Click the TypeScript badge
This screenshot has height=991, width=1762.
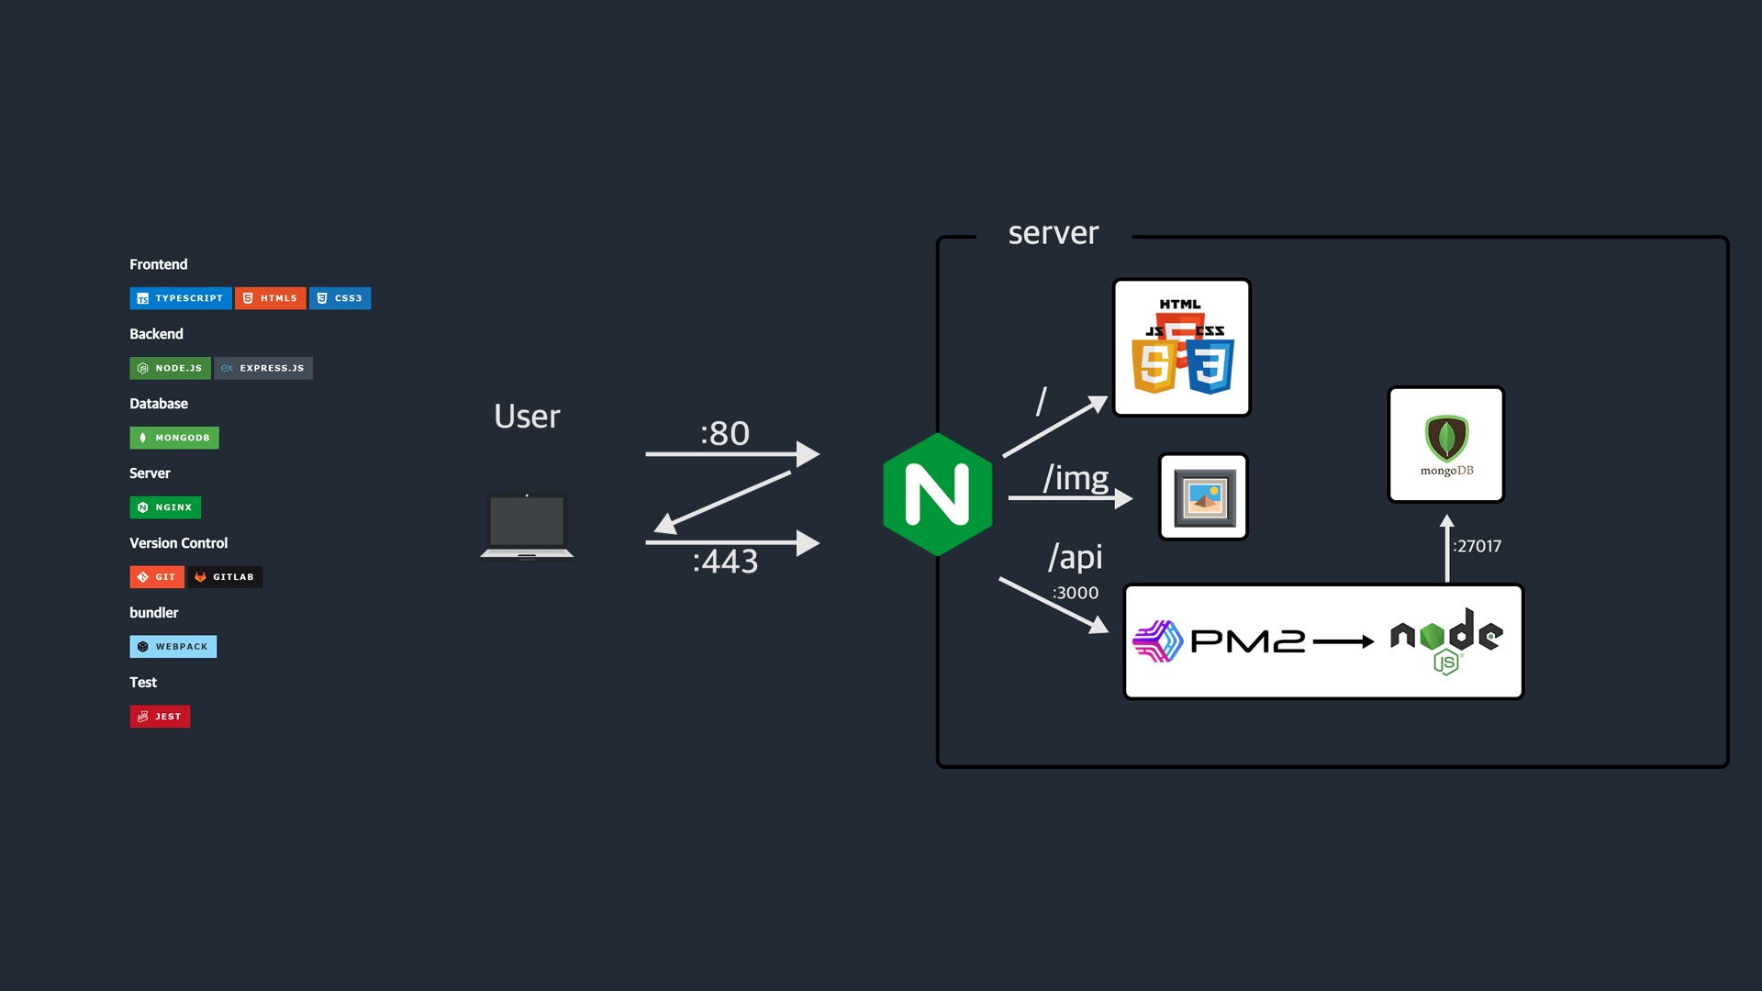pos(181,298)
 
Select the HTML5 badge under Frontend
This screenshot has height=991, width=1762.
pos(271,298)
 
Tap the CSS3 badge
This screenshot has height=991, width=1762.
pos(340,298)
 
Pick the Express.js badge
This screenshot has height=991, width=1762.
pos(264,368)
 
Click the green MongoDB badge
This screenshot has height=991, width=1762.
pos(174,438)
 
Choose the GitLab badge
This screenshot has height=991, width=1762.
pos(225,577)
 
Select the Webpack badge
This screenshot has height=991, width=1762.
pos(173,647)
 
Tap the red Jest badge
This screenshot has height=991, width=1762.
pos(161,717)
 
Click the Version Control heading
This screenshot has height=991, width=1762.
pos(179,543)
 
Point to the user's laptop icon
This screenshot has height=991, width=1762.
pos(527,526)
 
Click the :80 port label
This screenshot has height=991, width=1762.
pos(725,433)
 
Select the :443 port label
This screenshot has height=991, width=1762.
pos(725,561)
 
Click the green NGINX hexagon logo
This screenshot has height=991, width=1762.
pos(937,495)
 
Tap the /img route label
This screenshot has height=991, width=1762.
pos(1076,478)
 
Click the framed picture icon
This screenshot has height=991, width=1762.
pos(1204,497)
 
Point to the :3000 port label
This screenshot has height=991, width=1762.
pos(1076,593)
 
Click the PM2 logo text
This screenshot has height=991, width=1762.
pos(1247,641)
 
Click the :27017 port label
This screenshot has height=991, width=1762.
pos(1478,546)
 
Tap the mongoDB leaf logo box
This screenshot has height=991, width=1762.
pos(1446,445)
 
